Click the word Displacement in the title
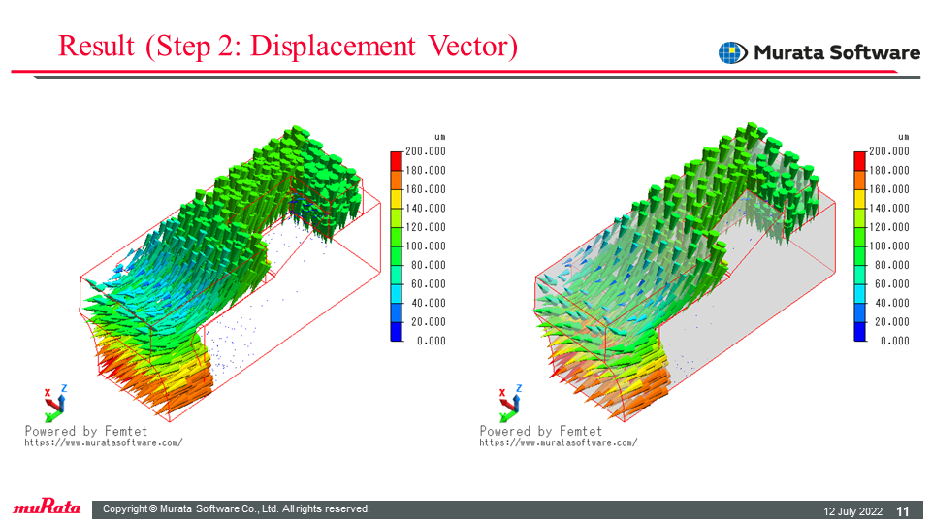point(333,47)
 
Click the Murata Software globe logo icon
point(733,52)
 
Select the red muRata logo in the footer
point(47,507)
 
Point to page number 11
point(903,511)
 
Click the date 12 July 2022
point(852,511)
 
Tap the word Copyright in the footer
point(125,509)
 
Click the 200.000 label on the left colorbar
point(425,151)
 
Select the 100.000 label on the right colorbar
point(889,246)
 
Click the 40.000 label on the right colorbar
point(892,303)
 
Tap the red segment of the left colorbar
point(396,161)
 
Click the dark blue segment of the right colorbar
point(860,332)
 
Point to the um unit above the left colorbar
point(440,137)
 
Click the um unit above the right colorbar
point(904,137)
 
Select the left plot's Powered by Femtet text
point(86,431)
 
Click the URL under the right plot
point(559,442)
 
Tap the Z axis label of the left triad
point(64,388)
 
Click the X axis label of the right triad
point(502,393)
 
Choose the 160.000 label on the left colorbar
point(425,189)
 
